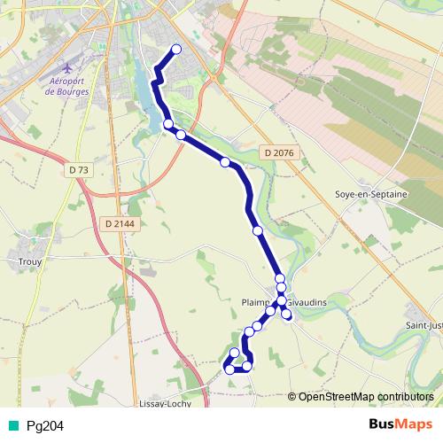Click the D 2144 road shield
(118, 224)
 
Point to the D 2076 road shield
(277, 153)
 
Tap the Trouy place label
(29, 261)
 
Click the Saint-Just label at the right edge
(424, 324)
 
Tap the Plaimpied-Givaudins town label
(284, 302)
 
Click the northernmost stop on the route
(175, 50)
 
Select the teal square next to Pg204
(12, 425)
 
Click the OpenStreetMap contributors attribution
(366, 396)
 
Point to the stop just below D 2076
(225, 162)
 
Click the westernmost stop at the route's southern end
(229, 369)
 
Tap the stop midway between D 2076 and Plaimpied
(258, 230)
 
